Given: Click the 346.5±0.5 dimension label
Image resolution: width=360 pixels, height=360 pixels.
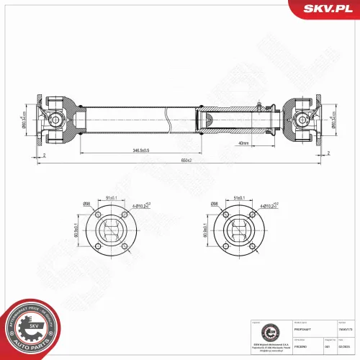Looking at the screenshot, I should click(135, 150).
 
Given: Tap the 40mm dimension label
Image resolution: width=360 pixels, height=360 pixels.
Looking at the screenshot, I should click(241, 143).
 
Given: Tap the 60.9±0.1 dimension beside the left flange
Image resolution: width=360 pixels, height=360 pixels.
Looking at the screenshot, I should click(77, 233).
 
